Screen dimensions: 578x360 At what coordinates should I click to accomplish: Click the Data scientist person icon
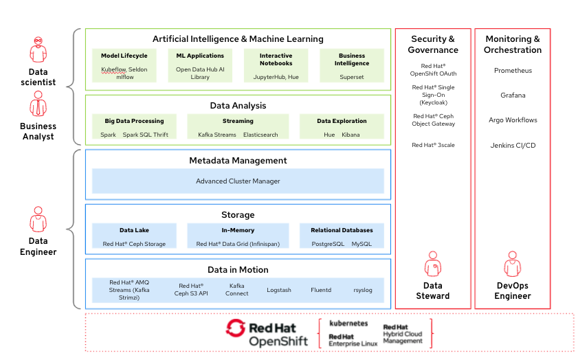(38, 49)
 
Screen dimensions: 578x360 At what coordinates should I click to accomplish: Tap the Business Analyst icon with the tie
(38, 104)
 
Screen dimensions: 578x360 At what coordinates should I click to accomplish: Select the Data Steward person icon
(433, 264)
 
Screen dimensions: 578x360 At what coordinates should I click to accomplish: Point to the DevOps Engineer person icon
(513, 264)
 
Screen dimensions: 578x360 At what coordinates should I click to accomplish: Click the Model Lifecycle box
(124, 65)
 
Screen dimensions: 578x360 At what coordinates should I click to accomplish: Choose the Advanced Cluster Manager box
(238, 181)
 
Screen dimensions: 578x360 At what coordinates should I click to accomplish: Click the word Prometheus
(513, 70)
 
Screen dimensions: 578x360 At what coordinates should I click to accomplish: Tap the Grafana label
(513, 95)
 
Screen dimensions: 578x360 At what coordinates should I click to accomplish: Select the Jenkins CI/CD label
(513, 145)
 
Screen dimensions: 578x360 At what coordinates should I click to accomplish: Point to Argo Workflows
(513, 120)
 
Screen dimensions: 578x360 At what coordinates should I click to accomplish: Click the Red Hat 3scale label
(433, 145)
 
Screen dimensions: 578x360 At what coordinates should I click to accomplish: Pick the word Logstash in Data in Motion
(279, 290)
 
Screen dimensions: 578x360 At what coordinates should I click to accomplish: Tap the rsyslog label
(363, 290)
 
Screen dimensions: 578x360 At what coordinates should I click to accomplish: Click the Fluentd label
(321, 290)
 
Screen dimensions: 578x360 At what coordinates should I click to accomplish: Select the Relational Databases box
(342, 236)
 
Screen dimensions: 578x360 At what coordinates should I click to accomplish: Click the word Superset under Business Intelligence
(352, 77)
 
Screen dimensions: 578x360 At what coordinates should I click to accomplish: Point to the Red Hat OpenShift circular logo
(236, 328)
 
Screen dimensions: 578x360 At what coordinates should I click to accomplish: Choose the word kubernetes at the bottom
(348, 323)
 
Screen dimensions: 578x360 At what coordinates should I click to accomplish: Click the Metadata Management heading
(238, 160)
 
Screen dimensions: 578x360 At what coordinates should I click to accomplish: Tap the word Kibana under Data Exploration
(351, 135)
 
